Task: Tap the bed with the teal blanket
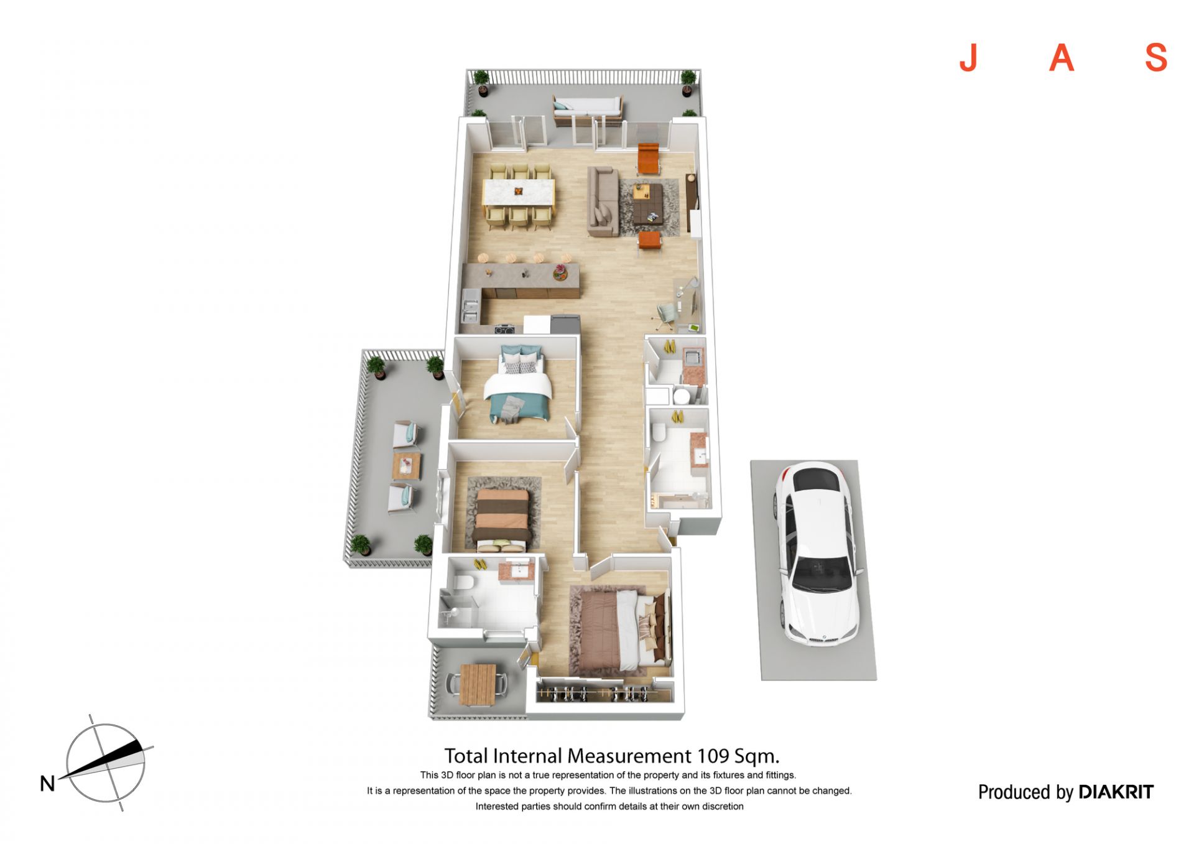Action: (x=518, y=386)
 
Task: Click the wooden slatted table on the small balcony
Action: (x=478, y=684)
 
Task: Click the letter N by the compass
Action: (x=47, y=784)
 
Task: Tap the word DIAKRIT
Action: (x=1116, y=792)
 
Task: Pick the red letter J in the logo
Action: (x=968, y=58)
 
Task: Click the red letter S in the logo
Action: (x=1156, y=58)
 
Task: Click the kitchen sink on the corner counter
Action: (x=470, y=305)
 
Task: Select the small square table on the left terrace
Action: (x=407, y=465)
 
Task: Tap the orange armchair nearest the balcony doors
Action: (x=648, y=159)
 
